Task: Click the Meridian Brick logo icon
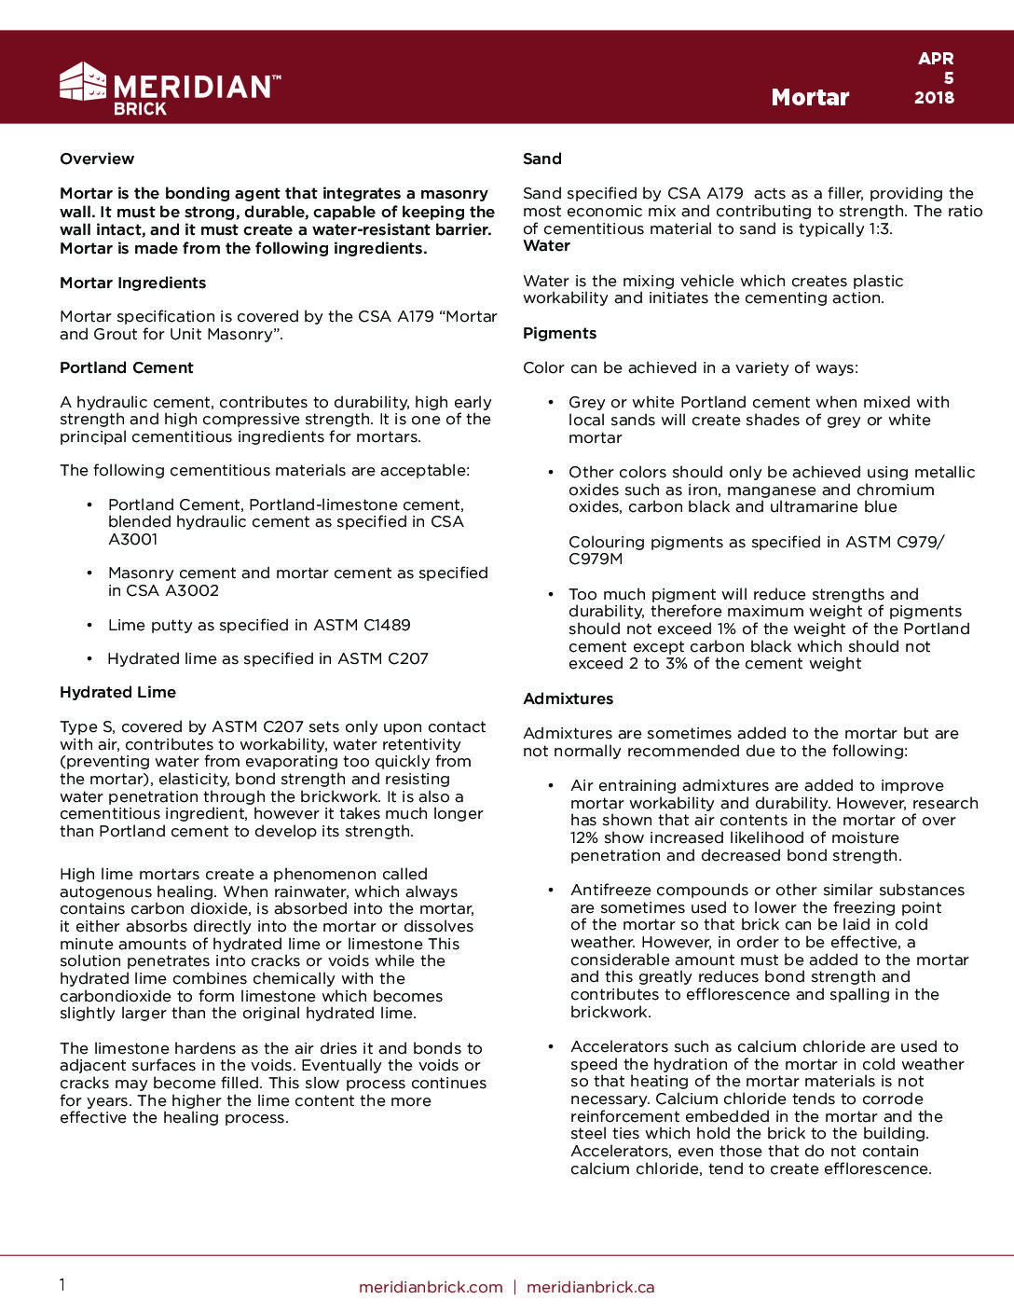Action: click(83, 82)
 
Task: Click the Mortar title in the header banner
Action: click(810, 98)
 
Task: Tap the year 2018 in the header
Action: click(934, 97)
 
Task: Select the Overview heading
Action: click(97, 159)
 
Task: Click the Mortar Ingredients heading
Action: click(132, 283)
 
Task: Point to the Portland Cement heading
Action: click(127, 368)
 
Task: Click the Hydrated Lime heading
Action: click(117, 693)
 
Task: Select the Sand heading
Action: click(542, 159)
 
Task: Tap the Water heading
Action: click(546, 246)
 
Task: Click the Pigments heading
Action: click(559, 334)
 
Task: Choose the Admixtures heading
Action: click(568, 699)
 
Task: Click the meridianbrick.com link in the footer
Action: click(431, 1288)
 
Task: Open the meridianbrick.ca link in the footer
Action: click(590, 1288)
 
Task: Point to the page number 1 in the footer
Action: click(62, 1286)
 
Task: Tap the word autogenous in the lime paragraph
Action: click(104, 892)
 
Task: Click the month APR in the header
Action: click(936, 59)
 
